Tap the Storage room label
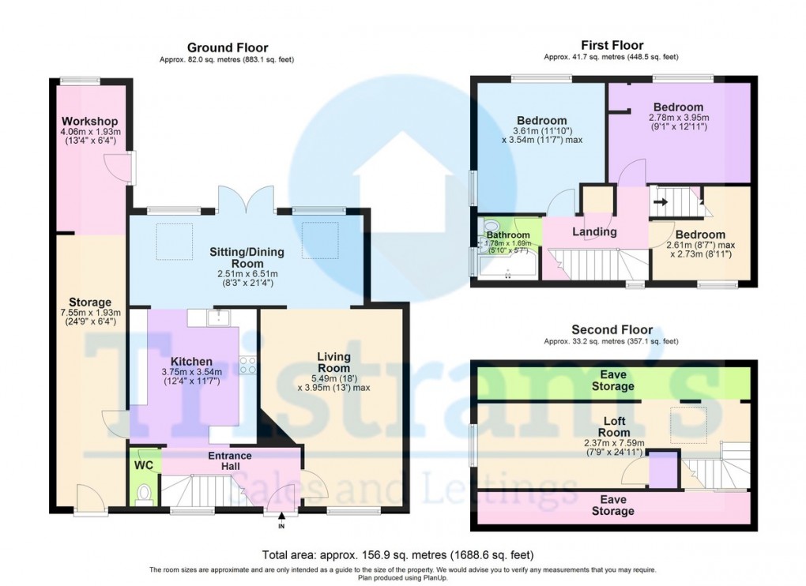[89, 302]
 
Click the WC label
[143, 465]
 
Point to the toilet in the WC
[143, 494]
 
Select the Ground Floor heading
[227, 48]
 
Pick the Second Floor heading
[612, 329]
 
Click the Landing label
[594, 232]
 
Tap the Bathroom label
[507, 235]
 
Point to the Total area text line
[397, 554]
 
